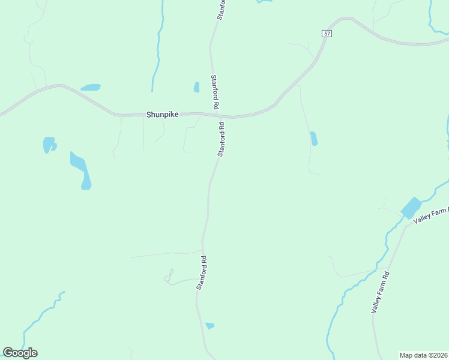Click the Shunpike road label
162,113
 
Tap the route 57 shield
327,34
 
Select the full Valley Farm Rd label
381,292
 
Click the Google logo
20,353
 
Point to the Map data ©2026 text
424,355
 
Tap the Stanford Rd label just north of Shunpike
214,92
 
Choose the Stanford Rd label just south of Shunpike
221,139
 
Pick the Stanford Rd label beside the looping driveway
201,273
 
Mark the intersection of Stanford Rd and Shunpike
217,115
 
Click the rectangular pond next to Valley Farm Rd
411,208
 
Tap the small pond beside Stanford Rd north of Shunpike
196,87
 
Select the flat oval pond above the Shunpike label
91,88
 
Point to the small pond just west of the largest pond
48,145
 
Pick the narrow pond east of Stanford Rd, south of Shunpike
313,139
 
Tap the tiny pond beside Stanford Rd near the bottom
209,326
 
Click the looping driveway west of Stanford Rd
169,276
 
